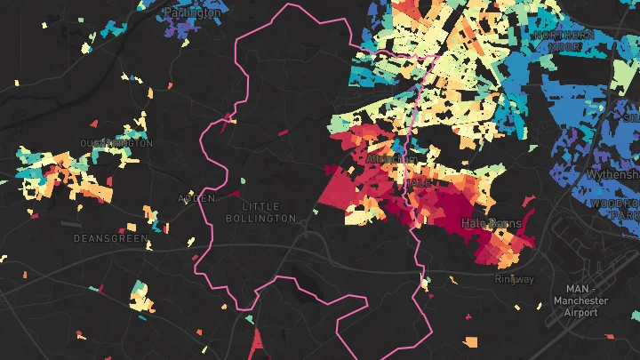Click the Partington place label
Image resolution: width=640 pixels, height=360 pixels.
(x=193, y=13)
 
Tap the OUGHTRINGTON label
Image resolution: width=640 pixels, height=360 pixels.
(x=116, y=143)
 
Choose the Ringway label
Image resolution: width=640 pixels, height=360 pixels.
(x=515, y=279)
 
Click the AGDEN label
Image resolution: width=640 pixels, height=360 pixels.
(x=196, y=198)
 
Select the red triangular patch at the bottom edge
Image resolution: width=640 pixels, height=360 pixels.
(x=258, y=342)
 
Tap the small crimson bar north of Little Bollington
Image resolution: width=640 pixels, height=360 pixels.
(x=283, y=132)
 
